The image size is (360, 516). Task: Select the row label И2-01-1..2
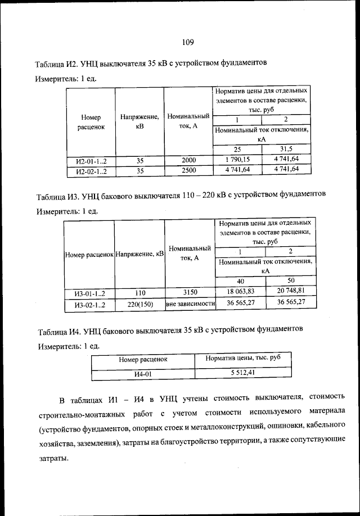tap(91, 160)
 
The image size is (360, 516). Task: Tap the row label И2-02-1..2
tap(91, 170)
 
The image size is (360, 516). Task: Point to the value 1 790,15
tap(237, 160)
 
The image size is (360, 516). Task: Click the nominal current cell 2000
tap(188, 160)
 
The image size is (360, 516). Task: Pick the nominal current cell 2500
tap(188, 170)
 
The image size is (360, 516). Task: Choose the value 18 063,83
tap(241, 291)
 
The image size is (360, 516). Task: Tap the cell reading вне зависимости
tap(190, 304)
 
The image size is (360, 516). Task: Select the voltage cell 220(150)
tap(139, 304)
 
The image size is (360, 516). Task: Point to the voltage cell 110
tap(139, 292)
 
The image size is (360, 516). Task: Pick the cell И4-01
tap(143, 372)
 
